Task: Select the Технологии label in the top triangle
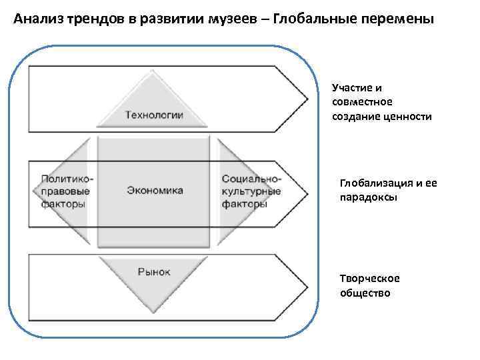(154, 115)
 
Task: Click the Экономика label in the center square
(155, 190)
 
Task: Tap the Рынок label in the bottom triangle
(154, 271)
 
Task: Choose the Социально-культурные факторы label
(251, 191)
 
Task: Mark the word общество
(365, 293)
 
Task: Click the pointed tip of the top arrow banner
(307, 99)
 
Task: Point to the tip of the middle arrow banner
(307, 193)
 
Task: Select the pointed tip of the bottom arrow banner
(307, 287)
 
